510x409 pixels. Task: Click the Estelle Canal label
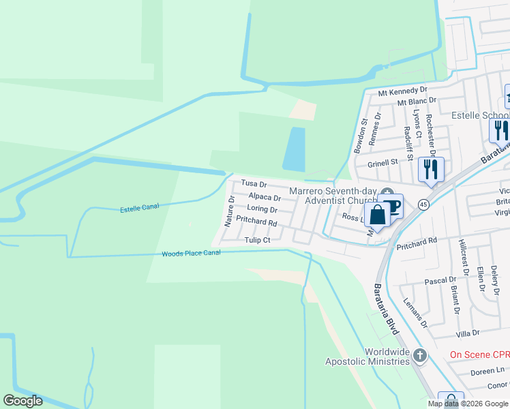(x=139, y=209)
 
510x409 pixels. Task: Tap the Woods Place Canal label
(x=191, y=254)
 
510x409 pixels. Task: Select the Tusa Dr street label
(x=254, y=185)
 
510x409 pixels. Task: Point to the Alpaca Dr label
(x=265, y=197)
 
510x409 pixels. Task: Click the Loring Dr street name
(x=262, y=209)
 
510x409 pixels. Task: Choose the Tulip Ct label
(x=258, y=240)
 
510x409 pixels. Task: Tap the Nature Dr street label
(x=230, y=211)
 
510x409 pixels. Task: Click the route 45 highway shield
(x=423, y=204)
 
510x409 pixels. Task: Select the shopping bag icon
(x=376, y=215)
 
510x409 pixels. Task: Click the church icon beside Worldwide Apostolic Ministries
(x=420, y=356)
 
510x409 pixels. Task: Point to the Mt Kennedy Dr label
(x=402, y=90)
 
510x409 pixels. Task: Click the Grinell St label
(x=382, y=163)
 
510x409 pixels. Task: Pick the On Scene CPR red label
(x=479, y=355)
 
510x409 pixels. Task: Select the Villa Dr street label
(x=468, y=333)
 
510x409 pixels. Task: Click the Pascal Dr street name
(x=440, y=280)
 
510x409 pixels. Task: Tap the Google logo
(x=22, y=401)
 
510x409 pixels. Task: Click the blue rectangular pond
(x=294, y=149)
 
